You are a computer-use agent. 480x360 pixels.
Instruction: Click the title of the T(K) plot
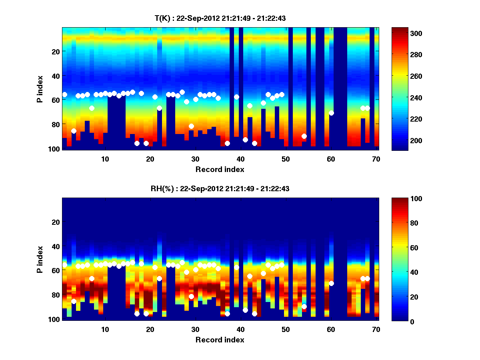220,18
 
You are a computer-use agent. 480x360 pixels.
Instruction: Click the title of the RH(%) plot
220,188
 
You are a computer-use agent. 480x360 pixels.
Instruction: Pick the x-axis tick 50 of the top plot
286,159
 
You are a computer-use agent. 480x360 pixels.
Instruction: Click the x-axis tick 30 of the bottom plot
195,329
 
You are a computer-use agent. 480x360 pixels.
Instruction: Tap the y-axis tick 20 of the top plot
55,52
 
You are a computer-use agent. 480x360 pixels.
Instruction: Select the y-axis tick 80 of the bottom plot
55,295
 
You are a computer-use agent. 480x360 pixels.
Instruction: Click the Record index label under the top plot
220,169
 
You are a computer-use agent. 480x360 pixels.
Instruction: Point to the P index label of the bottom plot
40,260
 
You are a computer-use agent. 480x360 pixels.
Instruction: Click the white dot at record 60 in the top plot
331,113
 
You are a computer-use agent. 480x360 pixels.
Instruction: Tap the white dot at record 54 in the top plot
304,136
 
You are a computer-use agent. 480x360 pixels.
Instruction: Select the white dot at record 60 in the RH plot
331,283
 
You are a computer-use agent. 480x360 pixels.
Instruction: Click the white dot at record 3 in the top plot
74,131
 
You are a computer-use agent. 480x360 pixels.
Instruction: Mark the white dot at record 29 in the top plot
191,126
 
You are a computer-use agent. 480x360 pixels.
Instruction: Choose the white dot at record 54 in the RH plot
304,306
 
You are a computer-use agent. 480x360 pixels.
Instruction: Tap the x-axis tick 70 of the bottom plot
376,329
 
